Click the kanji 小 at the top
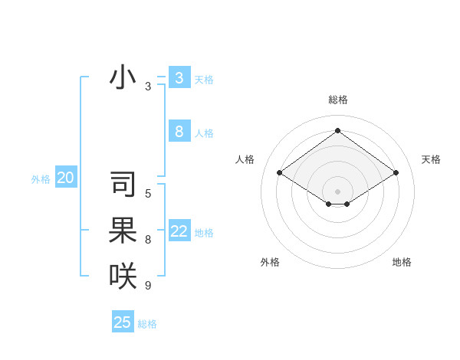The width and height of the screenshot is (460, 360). pos(123,77)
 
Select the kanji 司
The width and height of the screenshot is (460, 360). pos(123,185)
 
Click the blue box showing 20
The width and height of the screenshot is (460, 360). pos(66,178)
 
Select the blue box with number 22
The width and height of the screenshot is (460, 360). pos(179,231)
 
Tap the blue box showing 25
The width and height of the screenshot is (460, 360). pos(123,322)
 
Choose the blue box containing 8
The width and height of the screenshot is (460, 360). pos(179,132)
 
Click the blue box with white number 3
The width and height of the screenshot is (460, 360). pos(179,78)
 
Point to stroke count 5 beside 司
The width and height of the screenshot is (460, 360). pos(148,194)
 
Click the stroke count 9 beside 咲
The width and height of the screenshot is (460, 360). pos(148,285)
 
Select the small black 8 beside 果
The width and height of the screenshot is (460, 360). pos(148,240)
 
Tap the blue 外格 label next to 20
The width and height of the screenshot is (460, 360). pos(41,179)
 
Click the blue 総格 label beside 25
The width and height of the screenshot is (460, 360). pos(147,324)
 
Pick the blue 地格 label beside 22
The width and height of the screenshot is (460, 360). pos(204,233)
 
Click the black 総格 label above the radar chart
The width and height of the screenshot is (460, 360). pos(337,100)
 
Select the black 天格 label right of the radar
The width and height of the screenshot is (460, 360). pos(431,159)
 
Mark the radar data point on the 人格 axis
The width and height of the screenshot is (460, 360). pos(280,173)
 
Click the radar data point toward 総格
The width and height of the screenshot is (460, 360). pos(337,131)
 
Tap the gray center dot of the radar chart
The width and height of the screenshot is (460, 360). pos(337,191)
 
